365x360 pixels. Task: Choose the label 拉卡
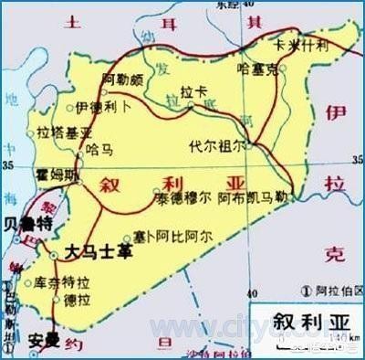[x=190, y=93]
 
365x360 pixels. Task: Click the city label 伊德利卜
[x=97, y=107]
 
